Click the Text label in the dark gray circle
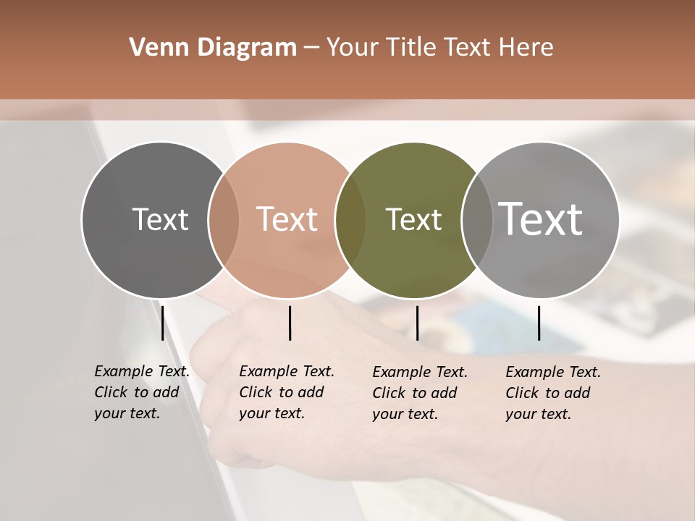click(x=160, y=219)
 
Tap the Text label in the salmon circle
click(x=287, y=219)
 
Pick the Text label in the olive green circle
click(x=413, y=219)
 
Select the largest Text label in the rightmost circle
click(x=541, y=219)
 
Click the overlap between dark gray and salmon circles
click(x=224, y=219)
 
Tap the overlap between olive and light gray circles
click(x=477, y=219)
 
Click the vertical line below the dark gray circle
click(x=162, y=323)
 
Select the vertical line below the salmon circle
click(x=290, y=323)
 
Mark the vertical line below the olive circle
click(x=417, y=323)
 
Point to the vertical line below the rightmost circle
click(x=539, y=323)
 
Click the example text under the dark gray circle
click(x=141, y=392)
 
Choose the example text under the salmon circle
click(x=286, y=392)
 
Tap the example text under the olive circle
click(x=419, y=393)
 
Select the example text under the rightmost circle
click(x=552, y=393)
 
